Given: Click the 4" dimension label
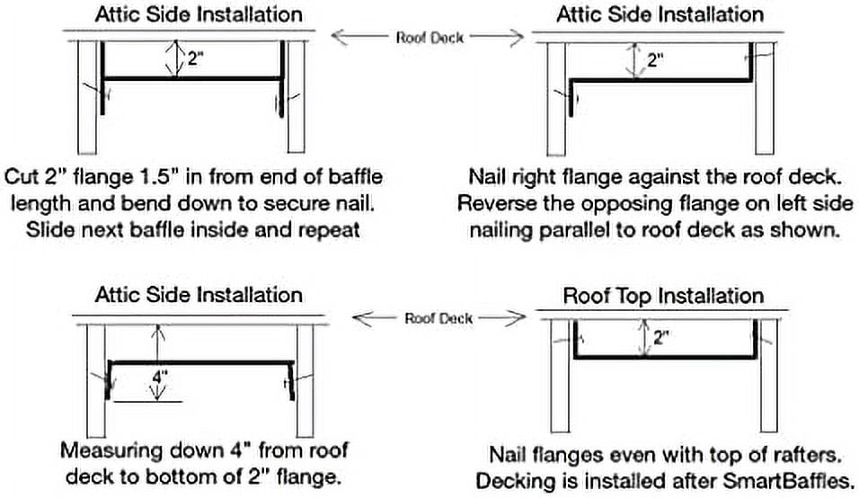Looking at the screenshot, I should (158, 378).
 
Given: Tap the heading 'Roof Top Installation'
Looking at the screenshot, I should (662, 296).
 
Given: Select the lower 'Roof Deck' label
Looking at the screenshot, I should (438, 318).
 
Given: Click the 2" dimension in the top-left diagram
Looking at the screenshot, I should (195, 60).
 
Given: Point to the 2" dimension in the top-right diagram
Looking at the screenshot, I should (656, 60).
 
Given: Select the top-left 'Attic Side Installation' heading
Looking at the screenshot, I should (199, 14).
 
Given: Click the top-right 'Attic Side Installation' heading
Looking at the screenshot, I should (660, 14).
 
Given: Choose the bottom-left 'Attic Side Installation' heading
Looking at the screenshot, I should (199, 295).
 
